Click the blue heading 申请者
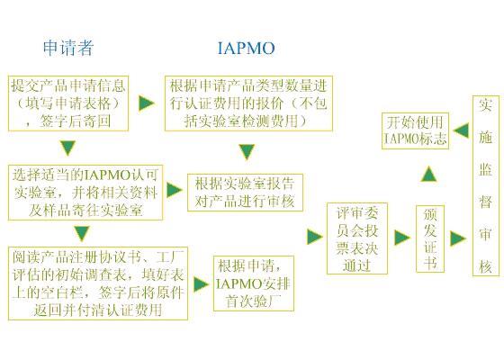[68, 48]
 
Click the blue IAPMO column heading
[247, 49]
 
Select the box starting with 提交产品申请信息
[68, 103]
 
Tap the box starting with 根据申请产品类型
[248, 103]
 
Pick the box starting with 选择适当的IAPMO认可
[85, 193]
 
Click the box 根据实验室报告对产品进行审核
[245, 193]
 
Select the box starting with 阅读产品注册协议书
[98, 283]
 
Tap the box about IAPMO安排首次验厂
[254, 283]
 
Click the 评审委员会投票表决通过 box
[357, 238]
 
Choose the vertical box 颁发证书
[430, 238]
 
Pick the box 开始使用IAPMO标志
[415, 130]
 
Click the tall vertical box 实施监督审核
[486, 185]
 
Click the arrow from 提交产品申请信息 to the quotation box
[147, 103]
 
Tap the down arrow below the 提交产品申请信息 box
[68, 148]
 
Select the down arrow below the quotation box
[247, 152]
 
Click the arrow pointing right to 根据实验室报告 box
[175, 190]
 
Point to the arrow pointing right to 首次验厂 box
[202, 284]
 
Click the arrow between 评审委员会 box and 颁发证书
[401, 238]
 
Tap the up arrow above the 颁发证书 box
[429, 174]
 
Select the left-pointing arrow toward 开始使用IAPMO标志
[461, 130]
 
